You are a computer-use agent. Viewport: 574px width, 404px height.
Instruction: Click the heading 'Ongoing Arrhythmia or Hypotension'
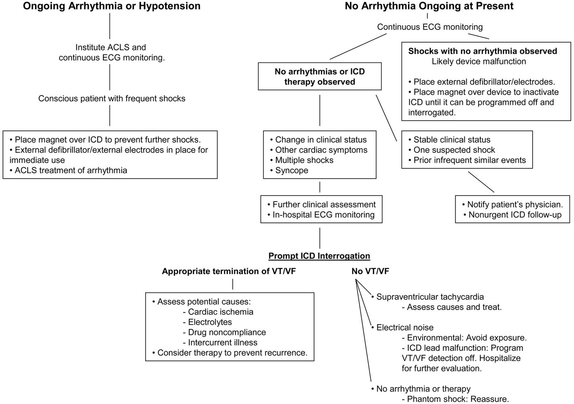(x=112, y=6)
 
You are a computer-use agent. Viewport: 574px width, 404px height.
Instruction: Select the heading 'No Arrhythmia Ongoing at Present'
(x=429, y=6)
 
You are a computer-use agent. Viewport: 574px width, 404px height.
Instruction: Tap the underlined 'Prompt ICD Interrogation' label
(x=319, y=256)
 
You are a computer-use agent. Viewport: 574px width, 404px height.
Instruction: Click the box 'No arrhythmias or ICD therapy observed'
(x=320, y=76)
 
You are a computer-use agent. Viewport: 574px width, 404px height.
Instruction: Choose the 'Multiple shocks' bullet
(x=302, y=160)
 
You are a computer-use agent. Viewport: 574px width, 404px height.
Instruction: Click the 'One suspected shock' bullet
(x=452, y=150)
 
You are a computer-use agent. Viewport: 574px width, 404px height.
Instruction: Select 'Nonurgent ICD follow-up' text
(x=513, y=215)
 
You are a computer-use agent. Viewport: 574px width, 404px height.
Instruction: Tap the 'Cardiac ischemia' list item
(x=218, y=312)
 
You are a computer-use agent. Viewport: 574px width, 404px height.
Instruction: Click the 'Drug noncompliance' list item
(x=225, y=332)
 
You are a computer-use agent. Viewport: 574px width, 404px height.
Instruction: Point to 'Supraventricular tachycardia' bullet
(x=427, y=297)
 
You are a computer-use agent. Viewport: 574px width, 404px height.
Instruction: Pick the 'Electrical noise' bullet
(x=402, y=327)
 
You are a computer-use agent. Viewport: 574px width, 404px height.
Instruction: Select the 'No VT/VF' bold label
(x=370, y=271)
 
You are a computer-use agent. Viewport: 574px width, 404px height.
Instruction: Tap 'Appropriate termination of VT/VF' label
(x=229, y=271)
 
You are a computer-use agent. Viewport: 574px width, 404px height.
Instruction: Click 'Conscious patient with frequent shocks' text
(x=112, y=98)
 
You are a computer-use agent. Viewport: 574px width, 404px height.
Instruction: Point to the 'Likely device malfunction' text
(x=479, y=61)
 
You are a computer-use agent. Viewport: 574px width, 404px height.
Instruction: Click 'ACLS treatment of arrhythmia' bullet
(x=68, y=170)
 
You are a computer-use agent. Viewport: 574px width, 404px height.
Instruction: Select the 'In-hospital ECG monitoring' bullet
(x=321, y=215)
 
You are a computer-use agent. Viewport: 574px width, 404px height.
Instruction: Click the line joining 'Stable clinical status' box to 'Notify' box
(x=481, y=182)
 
